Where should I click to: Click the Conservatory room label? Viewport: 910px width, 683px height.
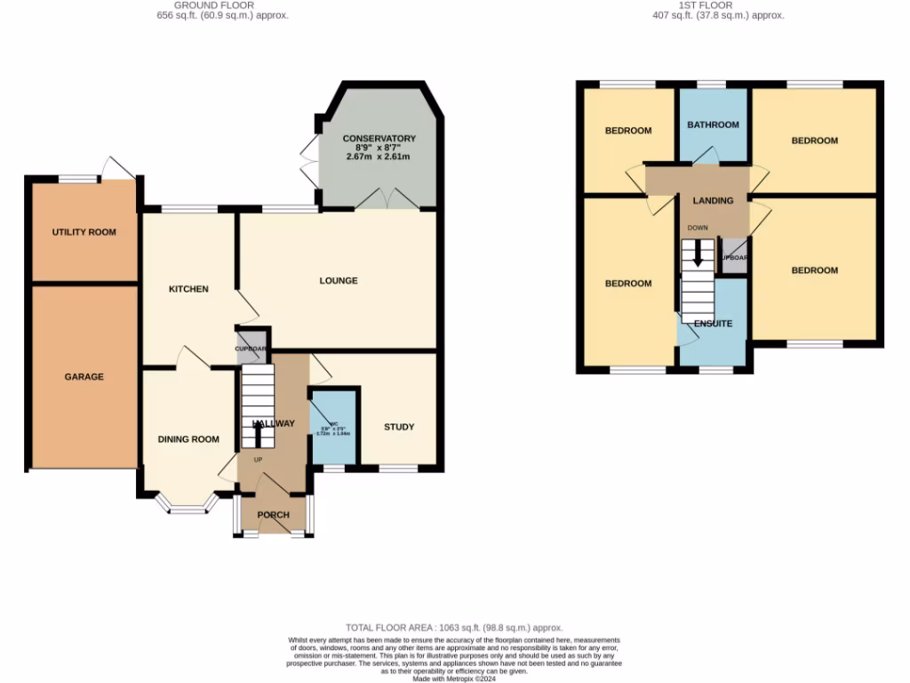[379, 139]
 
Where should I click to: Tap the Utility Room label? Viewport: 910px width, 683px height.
[84, 232]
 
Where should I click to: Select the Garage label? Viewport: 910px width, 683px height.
[84, 376]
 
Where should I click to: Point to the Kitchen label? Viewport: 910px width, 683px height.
[189, 289]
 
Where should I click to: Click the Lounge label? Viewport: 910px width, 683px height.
[339, 280]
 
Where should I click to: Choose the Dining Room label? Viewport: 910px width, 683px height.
[188, 438]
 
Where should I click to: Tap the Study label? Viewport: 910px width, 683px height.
[399, 427]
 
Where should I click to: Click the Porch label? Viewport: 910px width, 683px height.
[274, 515]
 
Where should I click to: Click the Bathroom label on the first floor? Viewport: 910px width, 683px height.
[713, 125]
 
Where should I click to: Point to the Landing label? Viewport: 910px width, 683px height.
[713, 201]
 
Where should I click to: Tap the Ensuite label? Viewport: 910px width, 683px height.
[713, 324]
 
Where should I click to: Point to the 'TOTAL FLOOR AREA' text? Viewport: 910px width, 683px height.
[454, 628]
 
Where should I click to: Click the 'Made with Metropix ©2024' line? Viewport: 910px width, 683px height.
[454, 679]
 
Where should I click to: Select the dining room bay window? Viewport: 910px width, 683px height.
[187, 508]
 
